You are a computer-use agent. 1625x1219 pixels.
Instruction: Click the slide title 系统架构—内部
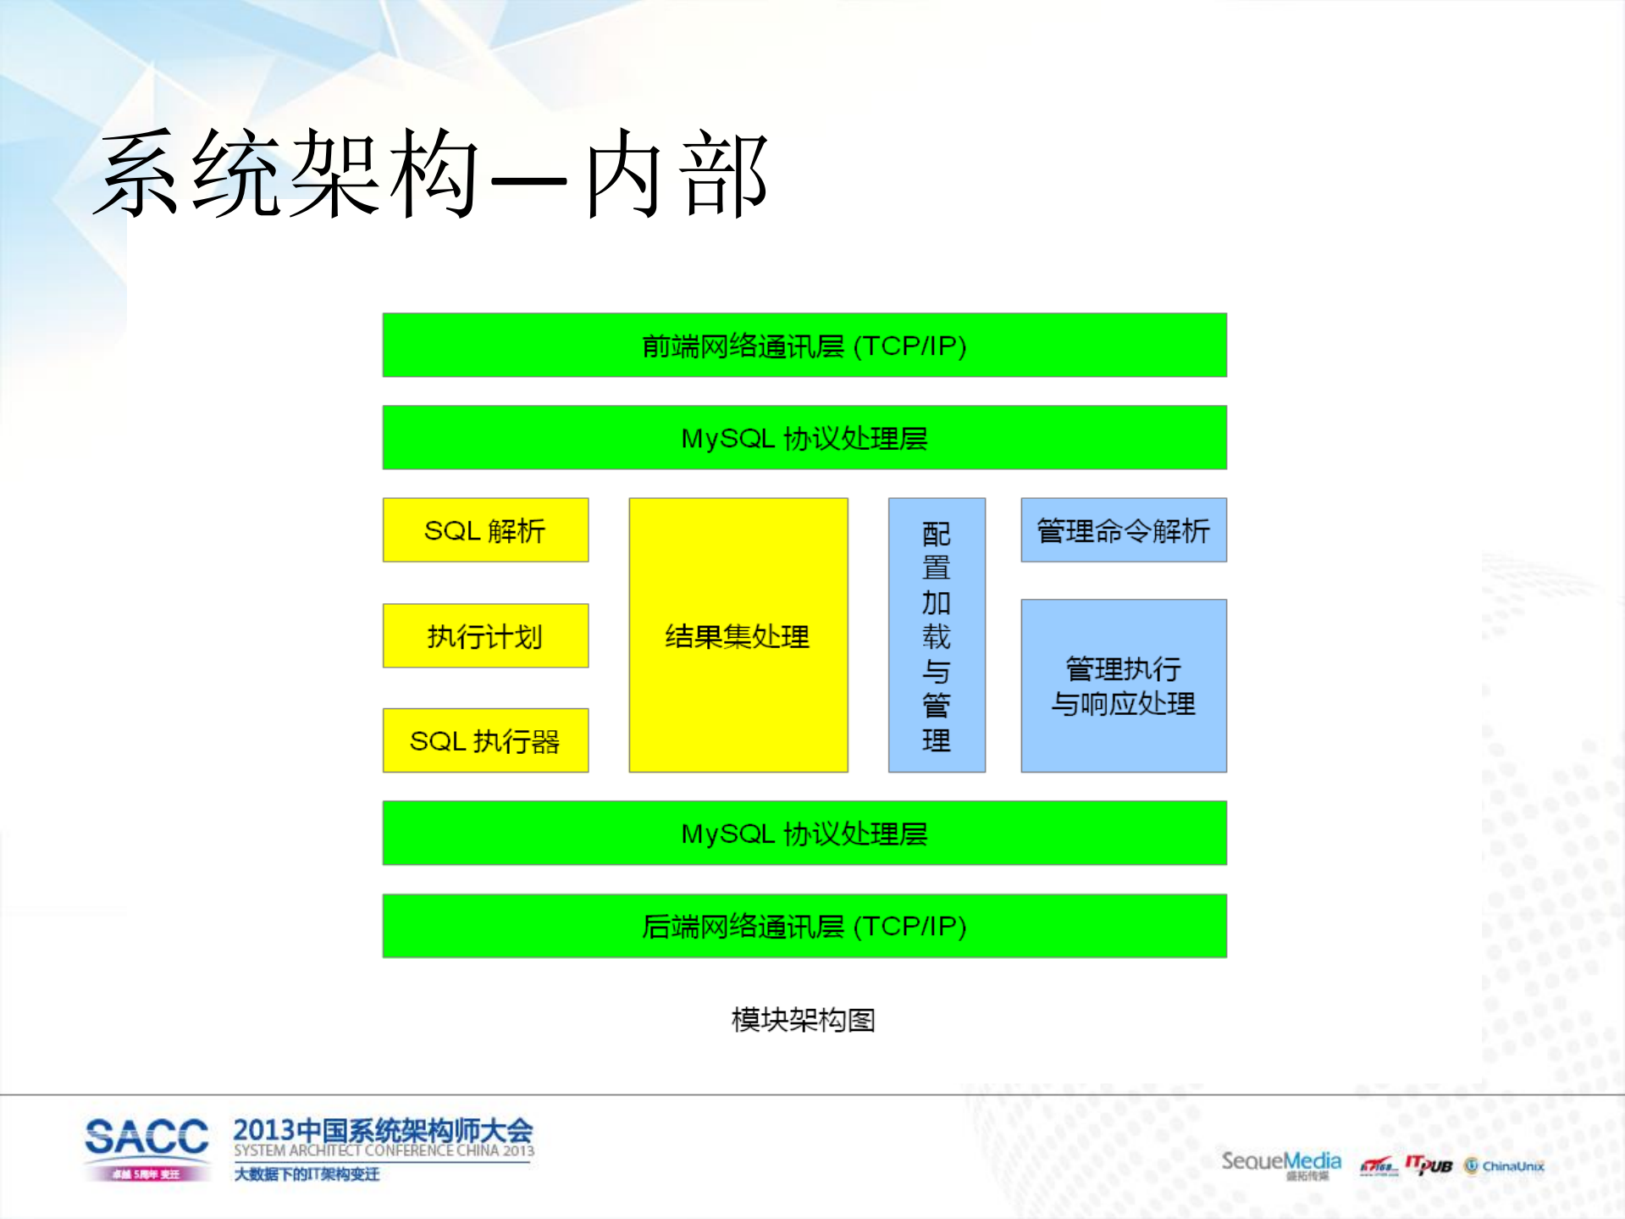(432, 174)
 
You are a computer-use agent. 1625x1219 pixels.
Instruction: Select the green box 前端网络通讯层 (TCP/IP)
(804, 346)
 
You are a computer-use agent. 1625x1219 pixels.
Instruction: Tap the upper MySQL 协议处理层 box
(804, 438)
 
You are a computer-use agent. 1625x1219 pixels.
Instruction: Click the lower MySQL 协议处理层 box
(804, 834)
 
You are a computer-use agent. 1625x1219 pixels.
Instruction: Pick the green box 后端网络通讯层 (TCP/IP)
(804, 926)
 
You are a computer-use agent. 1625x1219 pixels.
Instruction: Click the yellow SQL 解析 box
(485, 530)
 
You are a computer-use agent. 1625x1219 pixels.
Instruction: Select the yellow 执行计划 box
(485, 636)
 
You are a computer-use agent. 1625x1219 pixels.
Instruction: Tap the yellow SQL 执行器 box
(485, 741)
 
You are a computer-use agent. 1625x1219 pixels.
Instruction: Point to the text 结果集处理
(738, 636)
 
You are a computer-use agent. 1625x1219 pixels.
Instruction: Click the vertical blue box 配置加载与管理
(937, 635)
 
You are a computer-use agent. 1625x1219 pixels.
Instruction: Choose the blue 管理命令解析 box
(1123, 530)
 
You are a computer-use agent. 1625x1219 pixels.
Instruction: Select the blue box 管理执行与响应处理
(1123, 686)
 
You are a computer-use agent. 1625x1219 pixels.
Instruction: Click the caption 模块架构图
(803, 1020)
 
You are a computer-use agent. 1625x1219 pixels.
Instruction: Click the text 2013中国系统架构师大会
(383, 1129)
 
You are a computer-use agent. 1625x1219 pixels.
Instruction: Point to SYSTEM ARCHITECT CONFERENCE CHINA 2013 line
(384, 1150)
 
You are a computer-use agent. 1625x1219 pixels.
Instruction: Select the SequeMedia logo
(1280, 1161)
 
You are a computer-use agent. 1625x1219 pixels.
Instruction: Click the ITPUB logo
(1429, 1166)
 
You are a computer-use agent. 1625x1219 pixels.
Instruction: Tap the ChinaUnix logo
(1505, 1166)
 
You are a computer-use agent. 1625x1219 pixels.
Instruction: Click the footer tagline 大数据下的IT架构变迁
(307, 1174)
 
